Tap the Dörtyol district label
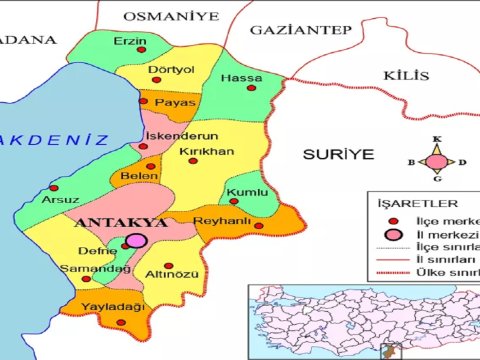click(170, 70)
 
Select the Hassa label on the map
click(241, 78)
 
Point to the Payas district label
click(183, 101)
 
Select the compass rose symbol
click(436, 160)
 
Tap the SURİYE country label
click(339, 154)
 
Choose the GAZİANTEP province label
click(300, 31)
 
